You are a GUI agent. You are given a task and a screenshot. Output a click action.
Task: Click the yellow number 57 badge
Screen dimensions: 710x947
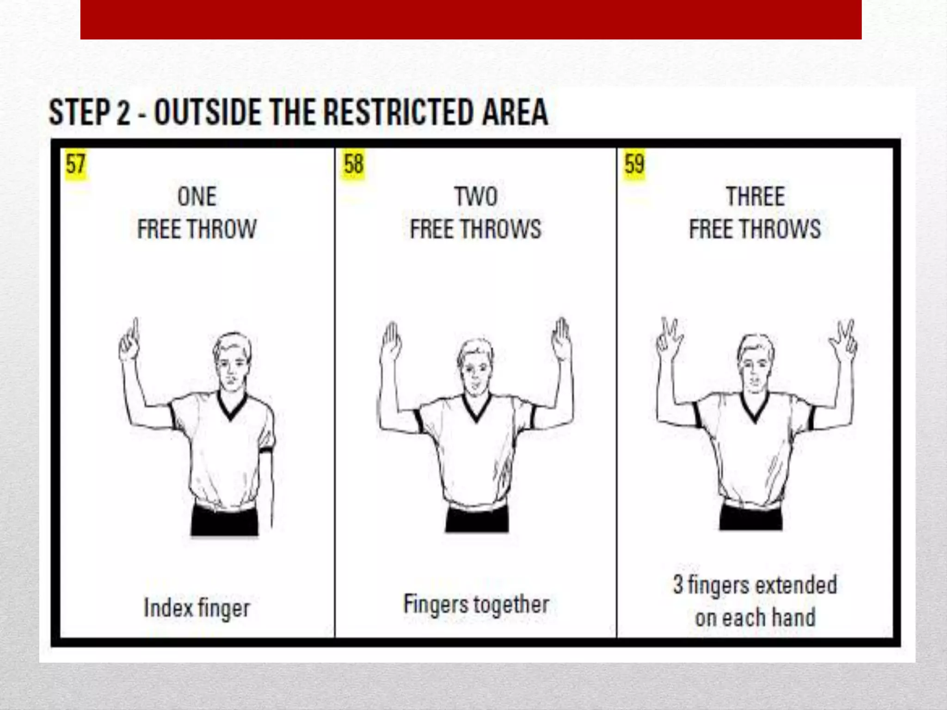pos(76,164)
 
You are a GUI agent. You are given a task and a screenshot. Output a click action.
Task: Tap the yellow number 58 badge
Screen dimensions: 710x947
pos(354,164)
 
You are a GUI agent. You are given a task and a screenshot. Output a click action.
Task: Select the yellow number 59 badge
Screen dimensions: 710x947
pos(634,164)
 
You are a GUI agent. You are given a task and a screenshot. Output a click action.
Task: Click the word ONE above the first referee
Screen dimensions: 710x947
pos(197,196)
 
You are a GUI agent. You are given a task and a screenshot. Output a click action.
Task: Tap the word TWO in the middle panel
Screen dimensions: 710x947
pos(476,196)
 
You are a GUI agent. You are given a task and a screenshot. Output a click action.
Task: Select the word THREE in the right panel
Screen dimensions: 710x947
pos(755,196)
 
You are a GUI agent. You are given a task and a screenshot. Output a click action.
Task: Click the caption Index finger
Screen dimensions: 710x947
pos(197,607)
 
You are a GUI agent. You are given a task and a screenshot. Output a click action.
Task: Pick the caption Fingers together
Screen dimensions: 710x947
pos(476,604)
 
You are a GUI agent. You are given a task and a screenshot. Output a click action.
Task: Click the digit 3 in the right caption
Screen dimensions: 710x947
pos(678,584)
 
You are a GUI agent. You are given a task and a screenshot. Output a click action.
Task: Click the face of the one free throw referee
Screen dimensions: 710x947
pos(231,365)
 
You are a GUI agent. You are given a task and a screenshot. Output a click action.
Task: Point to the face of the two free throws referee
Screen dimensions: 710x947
pos(475,370)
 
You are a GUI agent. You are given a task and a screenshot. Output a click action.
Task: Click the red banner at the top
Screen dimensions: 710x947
pos(471,19)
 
